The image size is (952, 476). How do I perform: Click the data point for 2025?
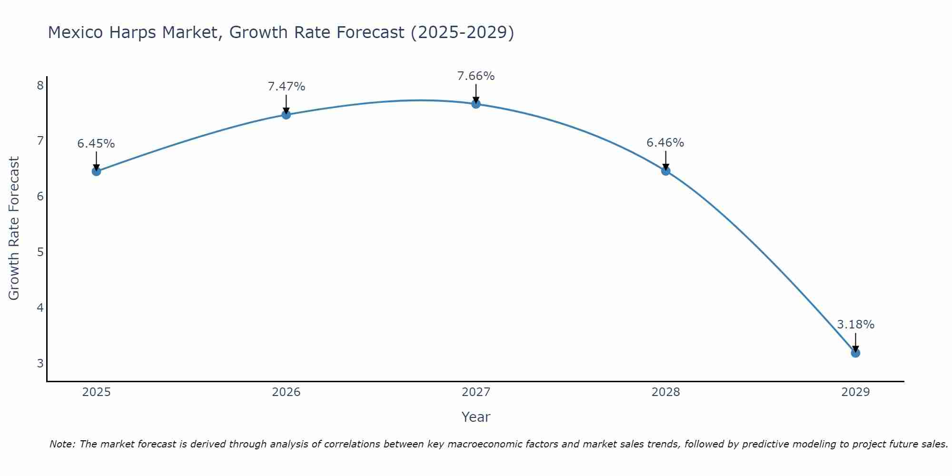point(96,171)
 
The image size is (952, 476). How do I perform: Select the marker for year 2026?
point(286,115)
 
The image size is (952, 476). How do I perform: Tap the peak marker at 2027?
point(476,104)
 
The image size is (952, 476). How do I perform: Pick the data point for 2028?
point(665,171)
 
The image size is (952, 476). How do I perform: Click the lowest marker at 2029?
point(855,353)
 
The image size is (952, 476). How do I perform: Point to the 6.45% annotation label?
point(96,144)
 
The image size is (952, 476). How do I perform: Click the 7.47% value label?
point(286,87)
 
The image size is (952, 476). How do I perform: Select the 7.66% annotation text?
point(476,76)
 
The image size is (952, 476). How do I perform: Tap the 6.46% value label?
point(665,143)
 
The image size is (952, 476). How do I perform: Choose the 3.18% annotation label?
point(855,325)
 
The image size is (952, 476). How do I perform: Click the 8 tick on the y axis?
point(40,85)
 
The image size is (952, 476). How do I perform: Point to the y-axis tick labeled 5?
point(40,252)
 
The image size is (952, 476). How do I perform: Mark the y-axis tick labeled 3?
point(40,363)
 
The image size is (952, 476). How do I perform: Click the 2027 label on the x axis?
point(476,392)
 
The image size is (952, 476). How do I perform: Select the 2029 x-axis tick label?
point(855,392)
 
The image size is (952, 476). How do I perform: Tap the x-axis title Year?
point(476,417)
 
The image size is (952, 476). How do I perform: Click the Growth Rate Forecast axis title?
point(14,228)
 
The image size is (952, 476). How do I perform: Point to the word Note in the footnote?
point(62,444)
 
